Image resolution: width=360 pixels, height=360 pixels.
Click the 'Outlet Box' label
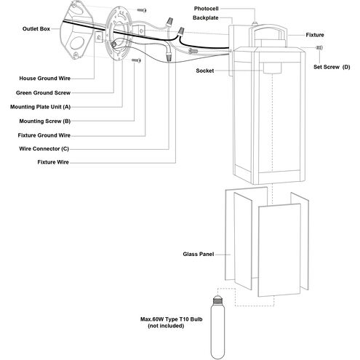click(x=36, y=29)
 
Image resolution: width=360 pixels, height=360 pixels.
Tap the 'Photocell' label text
click(x=206, y=9)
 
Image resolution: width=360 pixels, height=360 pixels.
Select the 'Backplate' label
click(x=206, y=18)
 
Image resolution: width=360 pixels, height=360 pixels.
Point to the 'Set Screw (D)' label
click(x=332, y=67)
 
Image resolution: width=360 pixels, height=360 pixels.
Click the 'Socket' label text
click(x=205, y=71)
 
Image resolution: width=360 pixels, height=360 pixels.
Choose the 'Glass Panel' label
click(x=199, y=255)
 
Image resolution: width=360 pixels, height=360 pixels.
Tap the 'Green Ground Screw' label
click(x=43, y=93)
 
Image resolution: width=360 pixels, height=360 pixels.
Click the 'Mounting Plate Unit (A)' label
click(x=40, y=107)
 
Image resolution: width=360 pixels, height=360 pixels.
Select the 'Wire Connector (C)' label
click(x=44, y=149)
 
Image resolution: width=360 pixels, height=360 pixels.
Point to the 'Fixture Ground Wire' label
click(x=44, y=135)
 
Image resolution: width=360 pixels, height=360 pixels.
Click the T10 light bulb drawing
click(x=217, y=327)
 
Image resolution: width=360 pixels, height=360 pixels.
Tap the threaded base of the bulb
click(x=217, y=301)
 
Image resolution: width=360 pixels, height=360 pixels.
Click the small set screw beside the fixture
click(x=319, y=48)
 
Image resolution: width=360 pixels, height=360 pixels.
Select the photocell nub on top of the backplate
click(x=255, y=23)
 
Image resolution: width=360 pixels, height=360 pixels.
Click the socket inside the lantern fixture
click(x=272, y=68)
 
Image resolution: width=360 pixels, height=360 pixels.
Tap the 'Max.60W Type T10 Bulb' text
click(x=172, y=319)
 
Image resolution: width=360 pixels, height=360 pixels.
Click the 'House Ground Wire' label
click(x=45, y=79)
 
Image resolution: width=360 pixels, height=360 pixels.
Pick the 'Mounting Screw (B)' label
click(x=45, y=121)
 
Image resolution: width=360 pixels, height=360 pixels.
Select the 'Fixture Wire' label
click(x=53, y=162)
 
